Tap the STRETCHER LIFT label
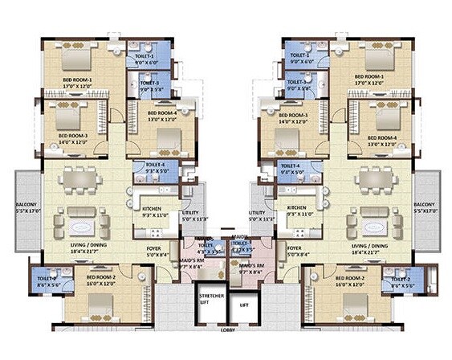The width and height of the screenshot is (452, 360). click(x=211, y=301)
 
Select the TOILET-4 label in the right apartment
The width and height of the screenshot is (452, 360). click(x=289, y=166)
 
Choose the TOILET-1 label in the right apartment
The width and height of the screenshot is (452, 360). click(x=299, y=56)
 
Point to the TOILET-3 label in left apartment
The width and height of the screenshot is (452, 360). click(x=149, y=84)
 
